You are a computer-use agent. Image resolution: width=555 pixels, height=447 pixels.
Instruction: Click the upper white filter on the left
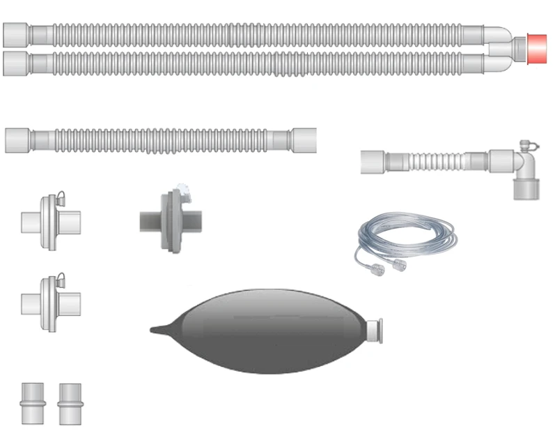[48, 221]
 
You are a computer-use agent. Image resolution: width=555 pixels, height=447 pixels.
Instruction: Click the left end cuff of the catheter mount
[373, 162]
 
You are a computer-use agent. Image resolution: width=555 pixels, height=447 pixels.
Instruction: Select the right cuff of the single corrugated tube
[304, 139]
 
